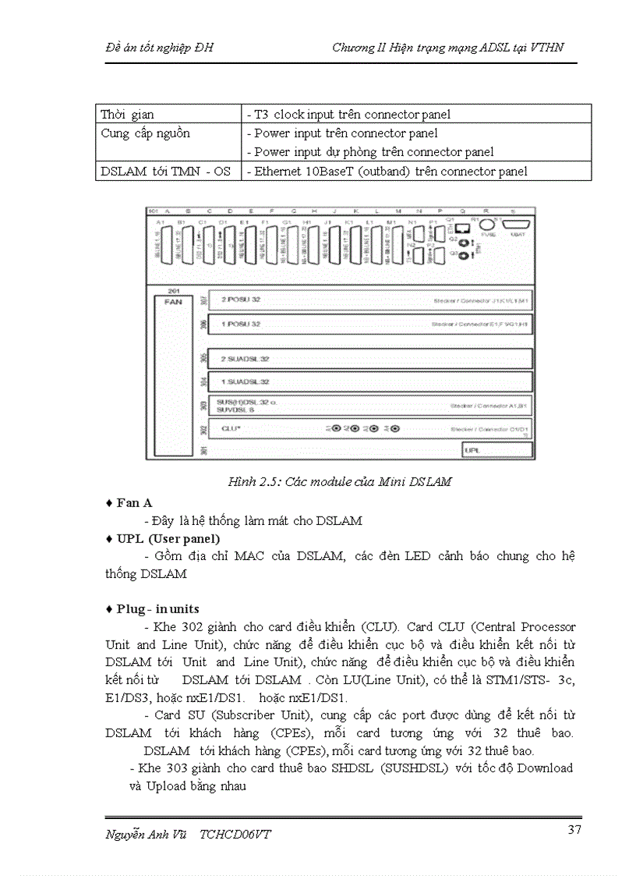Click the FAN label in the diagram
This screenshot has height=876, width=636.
click(x=173, y=301)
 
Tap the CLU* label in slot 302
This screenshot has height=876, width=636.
click(x=231, y=428)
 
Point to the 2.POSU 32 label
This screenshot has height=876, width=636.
click(x=240, y=300)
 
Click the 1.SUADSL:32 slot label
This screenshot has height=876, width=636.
click(x=246, y=381)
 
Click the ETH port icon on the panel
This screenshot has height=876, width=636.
click(x=464, y=228)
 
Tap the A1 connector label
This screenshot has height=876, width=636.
click(x=160, y=222)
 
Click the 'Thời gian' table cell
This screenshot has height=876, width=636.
click(x=127, y=115)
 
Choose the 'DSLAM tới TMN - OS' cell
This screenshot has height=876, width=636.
click(x=165, y=172)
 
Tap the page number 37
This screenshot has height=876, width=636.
click(x=574, y=829)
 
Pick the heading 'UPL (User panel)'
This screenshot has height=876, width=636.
click(x=168, y=539)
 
